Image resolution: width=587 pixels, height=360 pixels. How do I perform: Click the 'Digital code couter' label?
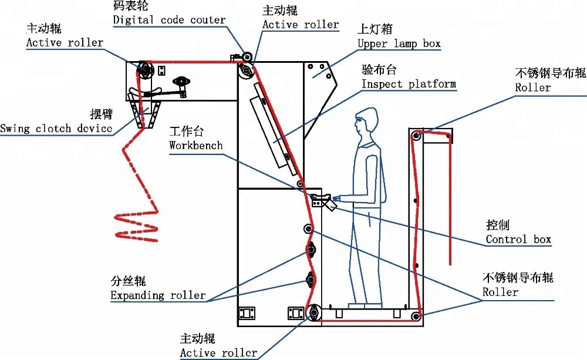pyautogui.click(x=169, y=20)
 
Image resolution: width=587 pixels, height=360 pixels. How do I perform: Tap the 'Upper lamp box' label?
pyautogui.click(x=399, y=43)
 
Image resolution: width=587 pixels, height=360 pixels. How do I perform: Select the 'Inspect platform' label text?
pyautogui.click(x=409, y=84)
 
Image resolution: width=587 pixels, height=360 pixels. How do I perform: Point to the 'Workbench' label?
pyautogui.click(x=196, y=144)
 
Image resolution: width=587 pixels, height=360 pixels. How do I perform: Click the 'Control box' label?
pyautogui.click(x=518, y=240)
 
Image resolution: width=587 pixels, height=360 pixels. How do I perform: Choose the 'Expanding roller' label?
pyautogui.click(x=158, y=295)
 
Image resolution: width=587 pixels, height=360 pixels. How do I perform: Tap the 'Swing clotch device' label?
pyautogui.click(x=56, y=129)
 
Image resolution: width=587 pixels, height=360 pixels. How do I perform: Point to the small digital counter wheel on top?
pyautogui.click(x=247, y=56)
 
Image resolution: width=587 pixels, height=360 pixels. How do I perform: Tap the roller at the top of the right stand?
pyautogui.click(x=416, y=136)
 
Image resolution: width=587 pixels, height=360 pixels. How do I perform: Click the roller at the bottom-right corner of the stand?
pyautogui.click(x=416, y=318)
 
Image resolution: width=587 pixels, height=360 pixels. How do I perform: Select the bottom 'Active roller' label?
pyautogui.click(x=218, y=352)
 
